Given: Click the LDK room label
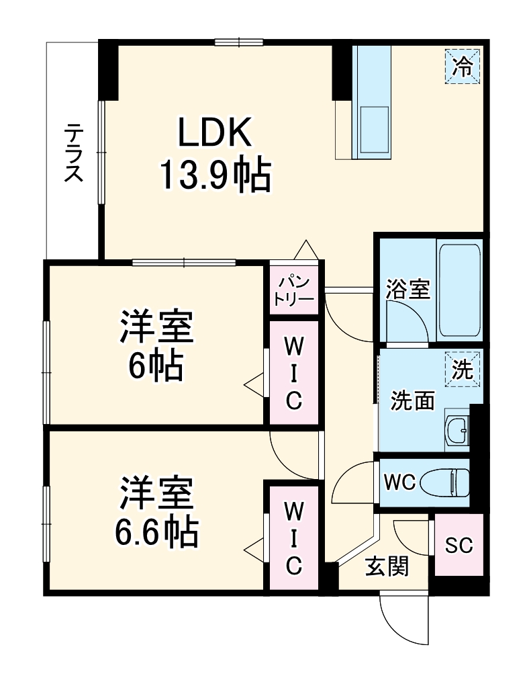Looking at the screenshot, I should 214,132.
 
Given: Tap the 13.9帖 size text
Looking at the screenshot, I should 214,176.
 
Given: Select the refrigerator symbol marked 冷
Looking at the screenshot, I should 462,66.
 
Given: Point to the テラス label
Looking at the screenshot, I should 73,153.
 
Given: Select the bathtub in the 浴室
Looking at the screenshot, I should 459,290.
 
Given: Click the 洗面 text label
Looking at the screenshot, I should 413,400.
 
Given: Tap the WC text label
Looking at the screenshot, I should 401,482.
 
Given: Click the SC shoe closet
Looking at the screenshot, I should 459,545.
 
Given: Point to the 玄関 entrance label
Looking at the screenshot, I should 387,568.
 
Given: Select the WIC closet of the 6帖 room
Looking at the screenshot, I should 294,373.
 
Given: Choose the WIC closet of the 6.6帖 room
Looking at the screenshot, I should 294,538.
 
